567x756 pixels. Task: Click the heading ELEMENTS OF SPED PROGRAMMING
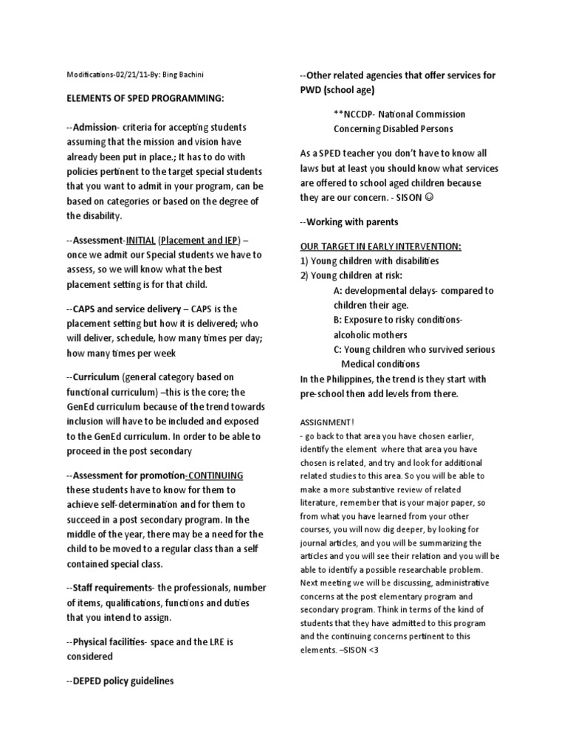145,99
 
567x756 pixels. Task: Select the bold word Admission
98,127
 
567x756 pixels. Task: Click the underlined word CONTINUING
216,475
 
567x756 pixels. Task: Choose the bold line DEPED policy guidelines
123,681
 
